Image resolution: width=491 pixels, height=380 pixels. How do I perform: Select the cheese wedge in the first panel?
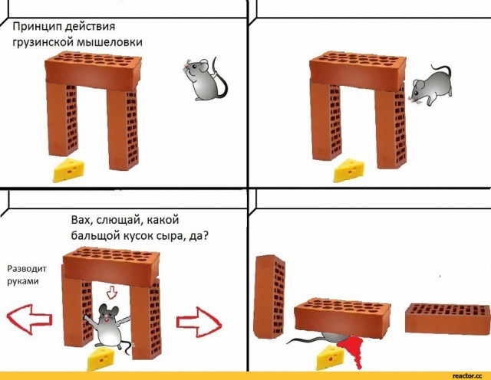pyautogui.click(x=71, y=170)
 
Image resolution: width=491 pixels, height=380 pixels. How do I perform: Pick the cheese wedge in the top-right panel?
pyautogui.click(x=351, y=170)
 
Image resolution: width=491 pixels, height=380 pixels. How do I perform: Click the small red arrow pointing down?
pyautogui.click(x=112, y=292)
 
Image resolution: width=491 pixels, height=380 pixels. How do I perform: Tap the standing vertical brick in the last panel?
pyautogui.click(x=269, y=295)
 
